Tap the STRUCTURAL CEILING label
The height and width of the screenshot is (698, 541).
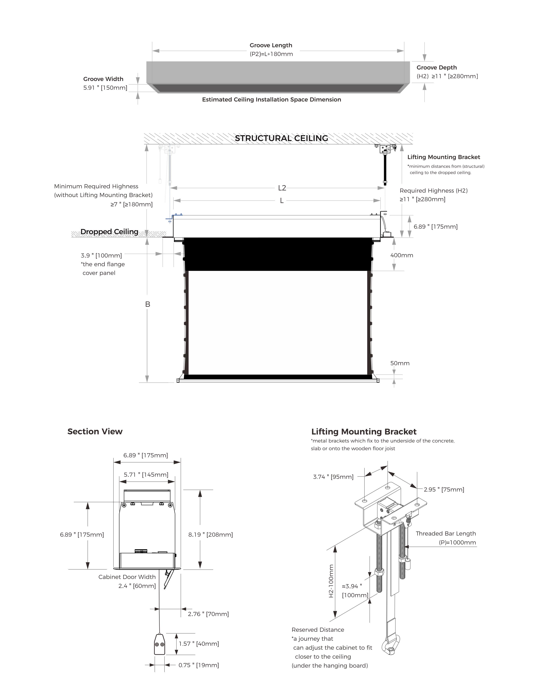coord(281,138)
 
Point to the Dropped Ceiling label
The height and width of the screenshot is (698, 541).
coord(109,232)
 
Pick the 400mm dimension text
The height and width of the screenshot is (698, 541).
coord(402,255)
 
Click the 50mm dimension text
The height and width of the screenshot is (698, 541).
coord(400,363)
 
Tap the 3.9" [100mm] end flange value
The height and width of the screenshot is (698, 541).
coord(101,256)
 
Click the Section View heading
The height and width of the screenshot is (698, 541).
coord(95,431)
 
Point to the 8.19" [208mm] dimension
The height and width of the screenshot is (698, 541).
coord(210,535)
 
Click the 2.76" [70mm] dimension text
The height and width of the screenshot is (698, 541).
coord(208,614)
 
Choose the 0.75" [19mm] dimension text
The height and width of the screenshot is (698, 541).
coord(199,665)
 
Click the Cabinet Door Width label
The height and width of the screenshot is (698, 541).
coord(127,577)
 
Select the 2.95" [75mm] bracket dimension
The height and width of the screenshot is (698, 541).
coord(444,490)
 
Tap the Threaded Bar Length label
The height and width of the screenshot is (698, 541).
coord(446,533)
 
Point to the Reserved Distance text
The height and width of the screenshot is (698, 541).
coord(318,630)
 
